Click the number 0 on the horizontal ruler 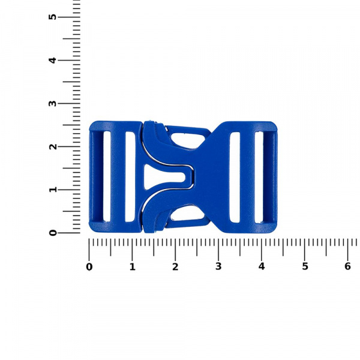pos(89,267)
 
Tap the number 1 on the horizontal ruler pos(133,267)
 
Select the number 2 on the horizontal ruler pos(175,267)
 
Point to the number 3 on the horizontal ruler pos(218,267)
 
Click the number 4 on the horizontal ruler pos(262,267)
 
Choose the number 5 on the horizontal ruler pos(305,267)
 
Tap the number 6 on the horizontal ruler pos(348,267)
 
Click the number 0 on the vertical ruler pos(53,233)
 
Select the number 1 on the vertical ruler pos(53,190)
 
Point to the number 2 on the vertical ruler pos(53,146)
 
